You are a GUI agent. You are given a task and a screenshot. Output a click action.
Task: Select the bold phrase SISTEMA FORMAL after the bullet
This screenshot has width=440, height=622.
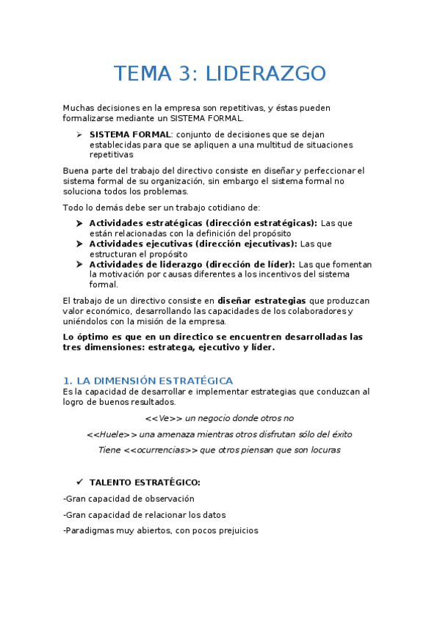point(130,135)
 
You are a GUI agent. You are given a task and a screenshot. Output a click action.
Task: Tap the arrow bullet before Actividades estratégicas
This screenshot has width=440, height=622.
point(79,223)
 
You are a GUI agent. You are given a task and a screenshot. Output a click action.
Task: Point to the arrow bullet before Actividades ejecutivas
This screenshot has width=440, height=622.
point(79,244)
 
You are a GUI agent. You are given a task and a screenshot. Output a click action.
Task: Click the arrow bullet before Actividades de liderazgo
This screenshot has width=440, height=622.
point(79,264)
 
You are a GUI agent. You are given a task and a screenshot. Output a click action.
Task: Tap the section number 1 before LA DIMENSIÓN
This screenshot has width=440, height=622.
point(67,381)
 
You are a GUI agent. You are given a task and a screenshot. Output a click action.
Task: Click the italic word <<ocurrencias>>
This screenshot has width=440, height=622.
point(161,450)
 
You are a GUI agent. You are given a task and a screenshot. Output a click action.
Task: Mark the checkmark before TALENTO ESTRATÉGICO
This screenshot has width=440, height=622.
point(79,483)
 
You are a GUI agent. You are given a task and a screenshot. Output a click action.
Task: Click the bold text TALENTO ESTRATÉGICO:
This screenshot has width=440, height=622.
point(145,483)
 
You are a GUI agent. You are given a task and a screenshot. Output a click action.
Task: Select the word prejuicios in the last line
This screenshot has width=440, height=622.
point(237,531)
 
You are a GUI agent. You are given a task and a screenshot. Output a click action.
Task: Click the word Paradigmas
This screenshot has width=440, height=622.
point(90,531)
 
